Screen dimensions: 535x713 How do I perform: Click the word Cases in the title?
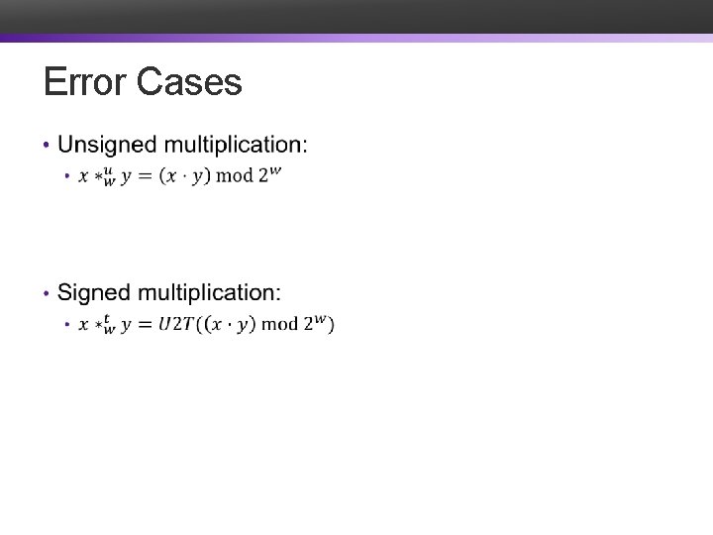pos(189,82)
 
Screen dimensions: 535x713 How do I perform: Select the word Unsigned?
pos(107,146)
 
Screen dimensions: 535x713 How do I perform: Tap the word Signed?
pos(94,293)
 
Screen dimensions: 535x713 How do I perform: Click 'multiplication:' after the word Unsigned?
pos(236,146)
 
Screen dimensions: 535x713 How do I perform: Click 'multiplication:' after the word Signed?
pos(209,293)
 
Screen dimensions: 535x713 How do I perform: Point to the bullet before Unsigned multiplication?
pos(47,147)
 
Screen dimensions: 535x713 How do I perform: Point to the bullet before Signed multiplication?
pos(47,294)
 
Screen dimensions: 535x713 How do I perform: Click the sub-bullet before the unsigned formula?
pos(66,176)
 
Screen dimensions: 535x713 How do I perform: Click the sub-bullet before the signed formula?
pos(66,324)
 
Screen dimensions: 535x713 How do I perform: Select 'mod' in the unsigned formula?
pos(235,176)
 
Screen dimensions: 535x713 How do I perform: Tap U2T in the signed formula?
pos(177,324)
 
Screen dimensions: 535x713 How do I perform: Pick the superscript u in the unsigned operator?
pos(109,169)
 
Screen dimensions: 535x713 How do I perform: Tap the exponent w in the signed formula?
pos(320,317)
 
